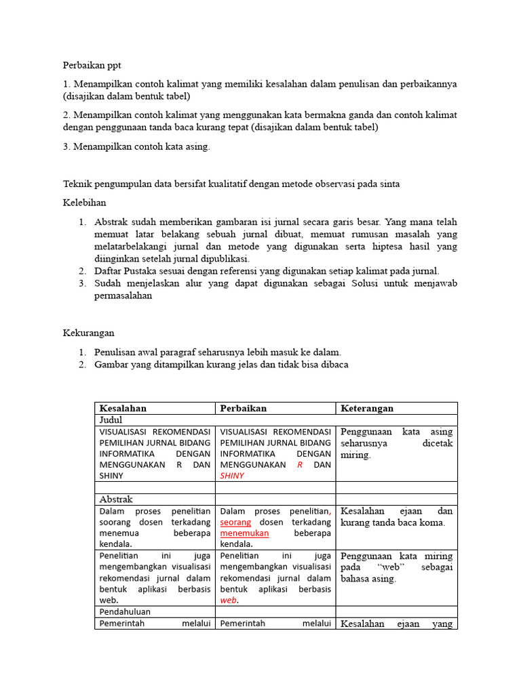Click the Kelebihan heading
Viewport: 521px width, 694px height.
coord(84,203)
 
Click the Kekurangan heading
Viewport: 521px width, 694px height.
coord(88,333)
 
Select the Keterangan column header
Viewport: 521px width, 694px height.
coord(367,408)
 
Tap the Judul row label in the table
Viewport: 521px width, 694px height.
coord(111,420)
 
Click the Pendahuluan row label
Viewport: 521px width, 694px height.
coord(125,611)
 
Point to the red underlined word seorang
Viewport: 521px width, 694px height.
coord(236,523)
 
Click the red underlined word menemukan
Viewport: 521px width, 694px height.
coord(244,533)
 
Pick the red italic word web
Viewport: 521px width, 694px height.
coord(229,600)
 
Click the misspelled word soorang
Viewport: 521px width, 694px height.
coord(116,523)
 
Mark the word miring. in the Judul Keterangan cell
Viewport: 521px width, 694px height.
coord(355,455)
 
